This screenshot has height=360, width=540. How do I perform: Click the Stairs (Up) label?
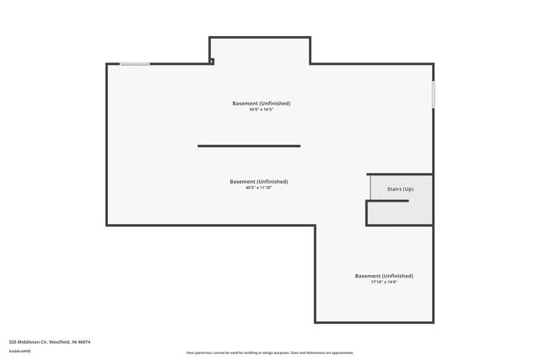pos(400,188)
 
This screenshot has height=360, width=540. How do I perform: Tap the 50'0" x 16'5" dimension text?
pos(262,110)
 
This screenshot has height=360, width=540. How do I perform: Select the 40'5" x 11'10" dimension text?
pos(259,187)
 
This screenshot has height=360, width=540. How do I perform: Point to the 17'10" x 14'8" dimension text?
pos(384,282)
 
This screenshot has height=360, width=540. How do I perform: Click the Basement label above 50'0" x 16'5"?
pos(262,103)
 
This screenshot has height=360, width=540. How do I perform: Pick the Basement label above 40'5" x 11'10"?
pos(259,181)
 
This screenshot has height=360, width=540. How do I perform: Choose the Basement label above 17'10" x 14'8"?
pos(384,276)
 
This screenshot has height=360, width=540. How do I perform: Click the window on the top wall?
pos(134,63)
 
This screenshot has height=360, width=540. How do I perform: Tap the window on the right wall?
pos(433,94)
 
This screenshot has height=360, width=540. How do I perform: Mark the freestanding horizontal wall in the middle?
pos(249,146)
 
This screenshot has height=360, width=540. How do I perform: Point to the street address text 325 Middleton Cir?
pos(28,341)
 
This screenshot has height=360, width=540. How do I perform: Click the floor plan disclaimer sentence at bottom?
pos(270,352)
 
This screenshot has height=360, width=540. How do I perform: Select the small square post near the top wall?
pos(212,60)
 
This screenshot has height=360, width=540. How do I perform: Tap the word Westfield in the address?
pos(60,341)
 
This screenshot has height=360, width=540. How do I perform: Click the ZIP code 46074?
pos(84,341)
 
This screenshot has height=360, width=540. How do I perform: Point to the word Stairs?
pos(393,188)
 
